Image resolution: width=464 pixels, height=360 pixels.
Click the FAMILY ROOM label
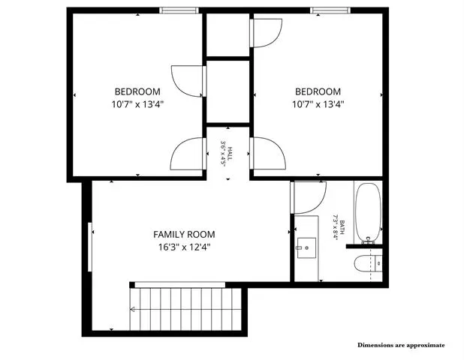[x=184, y=235]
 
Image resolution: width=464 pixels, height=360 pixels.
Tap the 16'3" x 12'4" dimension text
[x=184, y=247]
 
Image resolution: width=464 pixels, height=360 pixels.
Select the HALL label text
[x=230, y=154]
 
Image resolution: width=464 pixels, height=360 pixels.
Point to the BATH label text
[x=342, y=227]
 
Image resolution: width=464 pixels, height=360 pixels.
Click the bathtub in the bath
[x=368, y=213]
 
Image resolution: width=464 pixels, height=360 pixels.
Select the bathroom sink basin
[x=306, y=247]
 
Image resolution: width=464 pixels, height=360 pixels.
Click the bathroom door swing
[x=309, y=197]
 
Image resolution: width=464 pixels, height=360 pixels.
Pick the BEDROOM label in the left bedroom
[x=137, y=91]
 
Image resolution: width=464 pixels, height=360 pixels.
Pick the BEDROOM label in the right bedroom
[x=318, y=91]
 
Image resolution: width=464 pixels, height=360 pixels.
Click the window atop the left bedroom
[x=179, y=10]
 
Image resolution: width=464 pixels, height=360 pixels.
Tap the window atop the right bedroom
[x=330, y=10]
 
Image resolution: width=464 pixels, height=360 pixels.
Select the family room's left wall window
[x=90, y=247]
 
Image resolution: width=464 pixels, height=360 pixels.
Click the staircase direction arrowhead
[x=132, y=310]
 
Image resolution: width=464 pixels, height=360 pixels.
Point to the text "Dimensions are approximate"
[x=401, y=345]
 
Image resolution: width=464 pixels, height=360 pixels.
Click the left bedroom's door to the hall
[x=188, y=154]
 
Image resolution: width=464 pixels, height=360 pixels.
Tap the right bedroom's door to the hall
[x=268, y=153]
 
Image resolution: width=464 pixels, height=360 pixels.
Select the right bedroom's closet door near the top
[x=266, y=33]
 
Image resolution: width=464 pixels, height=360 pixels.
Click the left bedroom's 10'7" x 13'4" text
[x=137, y=104]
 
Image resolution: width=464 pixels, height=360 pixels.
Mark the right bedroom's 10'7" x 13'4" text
[x=318, y=104]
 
